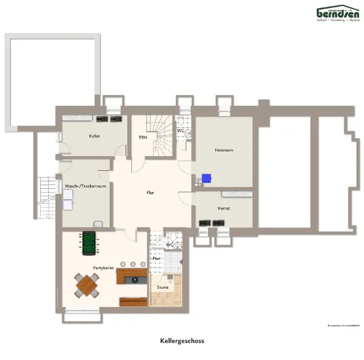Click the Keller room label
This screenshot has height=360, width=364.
click(x=94, y=136)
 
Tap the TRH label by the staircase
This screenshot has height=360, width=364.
click(x=143, y=137)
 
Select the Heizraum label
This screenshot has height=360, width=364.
click(x=223, y=149)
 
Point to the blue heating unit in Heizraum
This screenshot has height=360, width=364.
click(x=206, y=178)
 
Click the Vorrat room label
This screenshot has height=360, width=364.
click(x=224, y=208)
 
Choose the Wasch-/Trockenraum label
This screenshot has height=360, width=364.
click(x=85, y=186)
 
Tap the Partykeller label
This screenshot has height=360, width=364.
click(x=103, y=268)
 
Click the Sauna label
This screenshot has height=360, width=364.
click(x=163, y=287)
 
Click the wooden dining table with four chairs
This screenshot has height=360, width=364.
click(x=87, y=285)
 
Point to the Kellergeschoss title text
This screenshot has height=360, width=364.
click(x=182, y=341)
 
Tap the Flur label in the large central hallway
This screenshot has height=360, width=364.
click(x=151, y=193)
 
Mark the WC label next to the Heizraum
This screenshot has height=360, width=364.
click(x=180, y=130)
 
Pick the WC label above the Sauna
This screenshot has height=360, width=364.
click(x=170, y=245)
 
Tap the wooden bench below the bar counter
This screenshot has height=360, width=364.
click(x=133, y=301)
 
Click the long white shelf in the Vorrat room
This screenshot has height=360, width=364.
click(x=236, y=194)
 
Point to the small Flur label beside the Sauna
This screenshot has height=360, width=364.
click(x=157, y=259)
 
